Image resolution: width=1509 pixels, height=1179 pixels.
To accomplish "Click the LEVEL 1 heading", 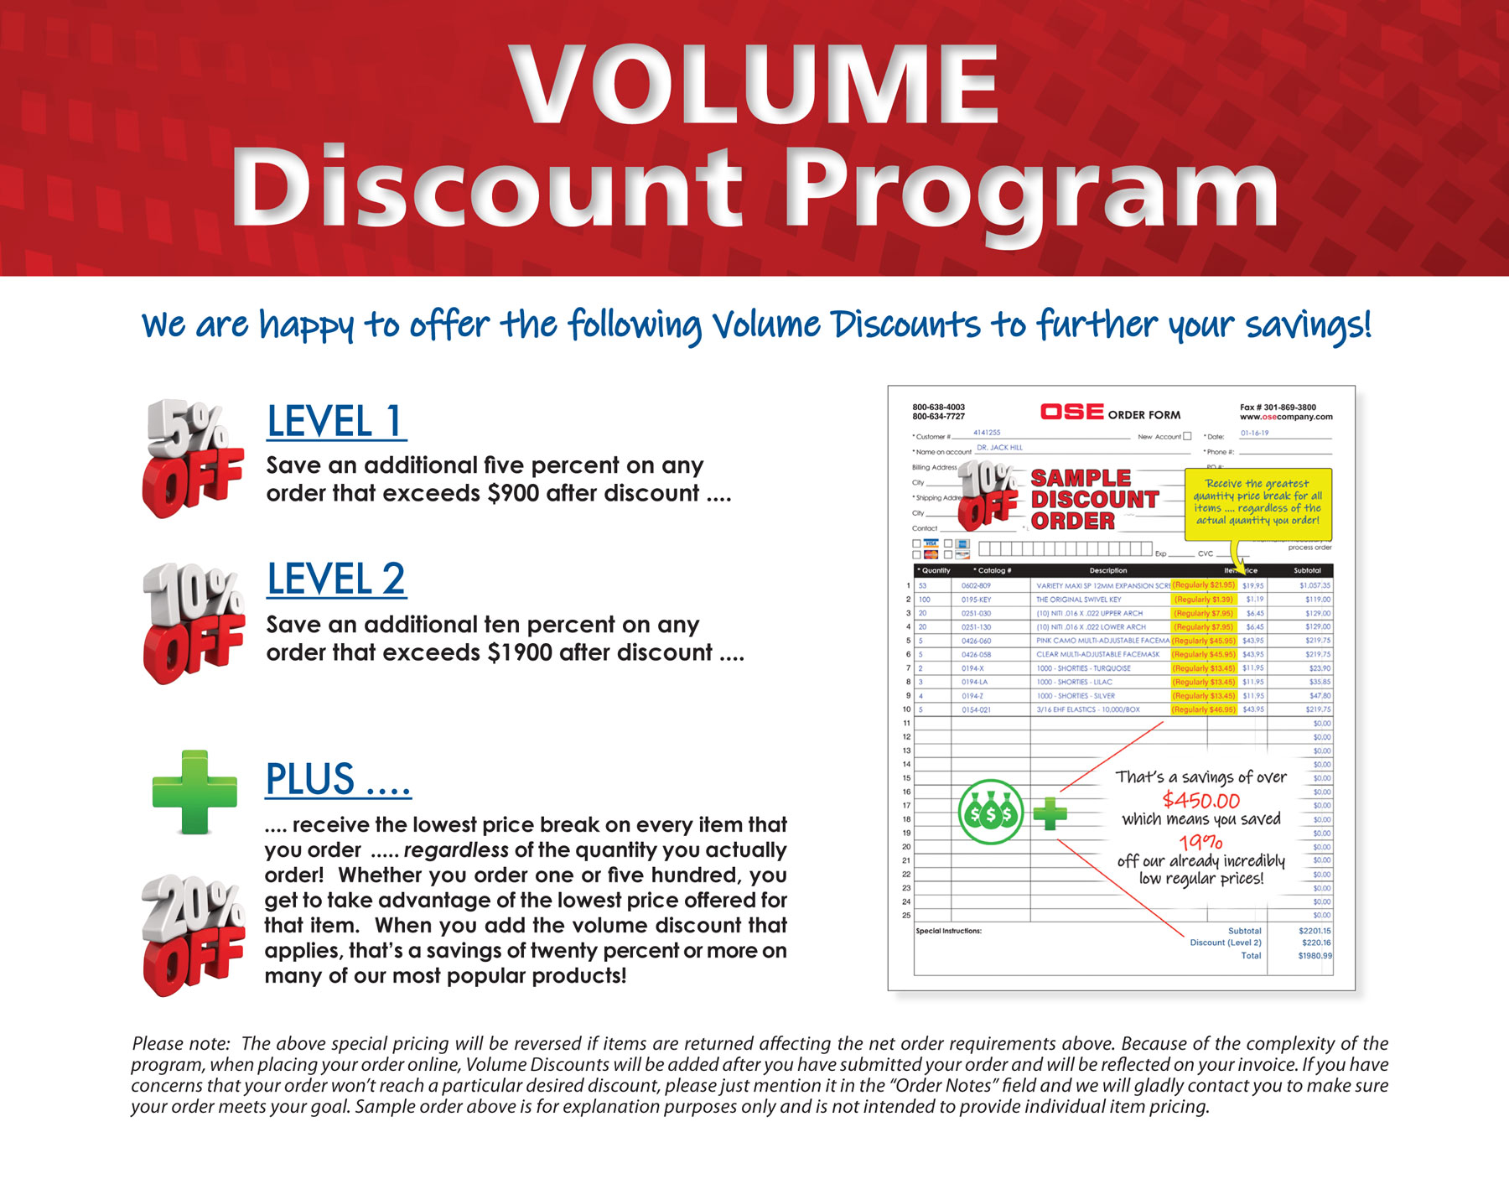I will click(x=336, y=421).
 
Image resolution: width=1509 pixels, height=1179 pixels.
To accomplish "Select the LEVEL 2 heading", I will click(x=336, y=579).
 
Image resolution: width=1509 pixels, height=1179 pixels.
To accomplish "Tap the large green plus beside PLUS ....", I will click(x=194, y=792).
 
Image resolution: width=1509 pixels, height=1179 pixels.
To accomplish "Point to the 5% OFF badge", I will click(x=193, y=457).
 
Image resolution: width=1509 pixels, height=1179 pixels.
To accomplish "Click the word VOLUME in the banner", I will click(x=754, y=86).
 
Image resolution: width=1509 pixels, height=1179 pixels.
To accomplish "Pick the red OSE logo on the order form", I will click(x=1071, y=412).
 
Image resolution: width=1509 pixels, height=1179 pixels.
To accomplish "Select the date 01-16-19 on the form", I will click(x=1254, y=434).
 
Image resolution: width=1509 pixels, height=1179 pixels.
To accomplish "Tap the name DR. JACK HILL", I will click(x=999, y=448).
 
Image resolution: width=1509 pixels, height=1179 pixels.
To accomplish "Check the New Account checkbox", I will click(x=1187, y=436).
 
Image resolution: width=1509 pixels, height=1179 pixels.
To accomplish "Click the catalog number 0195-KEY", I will click(x=976, y=600).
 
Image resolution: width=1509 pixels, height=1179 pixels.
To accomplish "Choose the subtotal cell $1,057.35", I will click(x=1315, y=585).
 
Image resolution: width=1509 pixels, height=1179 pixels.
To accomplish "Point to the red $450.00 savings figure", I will click(x=1200, y=800).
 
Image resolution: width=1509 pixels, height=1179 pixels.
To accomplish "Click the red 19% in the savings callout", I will click(x=1200, y=842).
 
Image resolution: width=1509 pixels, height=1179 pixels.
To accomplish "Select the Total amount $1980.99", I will click(x=1315, y=956).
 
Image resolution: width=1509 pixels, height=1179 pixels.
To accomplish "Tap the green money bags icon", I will click(x=991, y=813).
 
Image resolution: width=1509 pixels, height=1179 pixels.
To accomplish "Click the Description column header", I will click(x=1108, y=570).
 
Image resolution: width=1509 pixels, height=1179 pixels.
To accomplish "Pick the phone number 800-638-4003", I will click(x=938, y=408).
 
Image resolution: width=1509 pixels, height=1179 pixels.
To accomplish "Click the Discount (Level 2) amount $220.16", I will click(x=1315, y=943).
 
